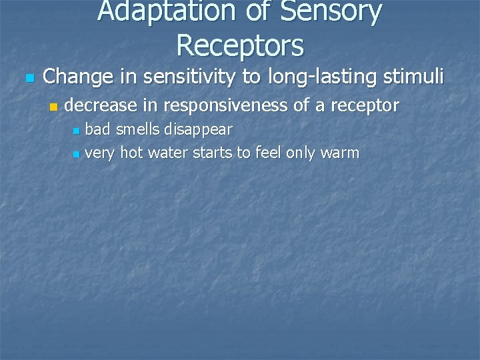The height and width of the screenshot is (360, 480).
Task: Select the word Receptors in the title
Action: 240,45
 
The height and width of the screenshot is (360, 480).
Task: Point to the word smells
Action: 139,128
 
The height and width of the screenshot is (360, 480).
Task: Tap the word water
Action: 168,153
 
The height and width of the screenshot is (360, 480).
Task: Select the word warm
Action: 339,153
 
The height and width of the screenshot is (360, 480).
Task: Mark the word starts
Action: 213,153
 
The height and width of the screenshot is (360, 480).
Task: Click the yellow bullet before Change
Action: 28,79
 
